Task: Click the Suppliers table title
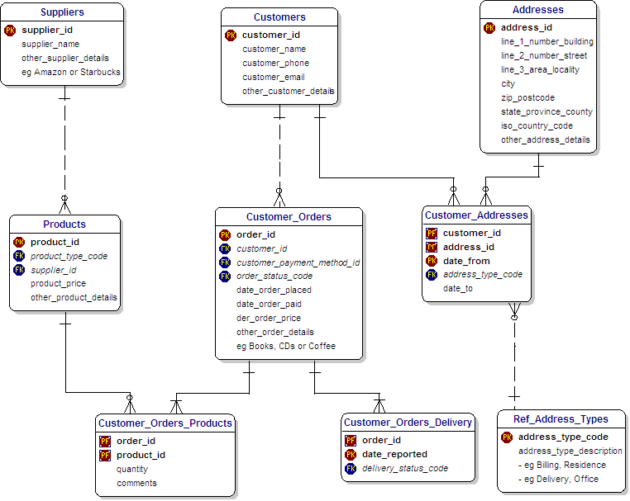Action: tap(62, 12)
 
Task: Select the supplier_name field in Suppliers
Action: tap(50, 44)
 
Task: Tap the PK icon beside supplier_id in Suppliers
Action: tap(10, 30)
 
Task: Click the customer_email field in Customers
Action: tap(274, 77)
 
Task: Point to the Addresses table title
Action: tap(538, 10)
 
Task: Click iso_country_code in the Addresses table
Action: tap(537, 126)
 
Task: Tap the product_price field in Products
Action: tap(58, 284)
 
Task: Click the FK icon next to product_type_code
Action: tap(19, 256)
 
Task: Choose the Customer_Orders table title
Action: tap(289, 217)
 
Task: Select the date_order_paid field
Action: tap(270, 304)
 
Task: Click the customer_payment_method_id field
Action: tap(298, 262)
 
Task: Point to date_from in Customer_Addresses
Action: tap(466, 261)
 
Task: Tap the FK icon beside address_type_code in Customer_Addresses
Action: tap(432, 275)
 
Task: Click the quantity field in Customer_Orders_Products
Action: tap(132, 470)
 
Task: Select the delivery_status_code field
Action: tap(405, 469)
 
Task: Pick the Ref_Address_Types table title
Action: tap(561, 419)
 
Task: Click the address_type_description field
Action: tap(570, 451)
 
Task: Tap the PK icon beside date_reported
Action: tap(351, 455)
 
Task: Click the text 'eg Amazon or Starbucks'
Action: tap(71, 72)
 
